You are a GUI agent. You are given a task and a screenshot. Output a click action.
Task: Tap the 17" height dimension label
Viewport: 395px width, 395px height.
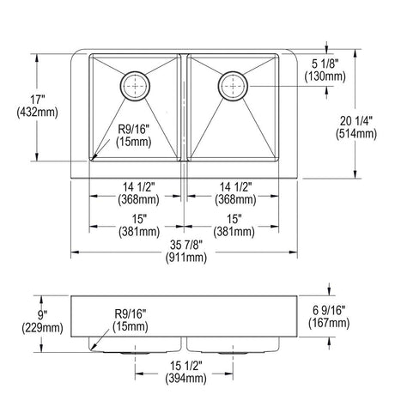[38, 100]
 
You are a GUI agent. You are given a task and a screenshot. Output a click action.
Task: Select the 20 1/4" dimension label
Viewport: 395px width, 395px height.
[356, 121]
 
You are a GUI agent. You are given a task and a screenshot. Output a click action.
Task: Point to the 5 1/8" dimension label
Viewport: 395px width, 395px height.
[325, 64]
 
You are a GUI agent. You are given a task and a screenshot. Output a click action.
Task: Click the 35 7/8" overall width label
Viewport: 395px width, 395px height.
[186, 245]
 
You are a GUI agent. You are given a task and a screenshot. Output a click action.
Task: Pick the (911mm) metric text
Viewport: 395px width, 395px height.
[186, 258]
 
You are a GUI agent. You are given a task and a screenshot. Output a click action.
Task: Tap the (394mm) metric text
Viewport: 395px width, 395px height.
[185, 379]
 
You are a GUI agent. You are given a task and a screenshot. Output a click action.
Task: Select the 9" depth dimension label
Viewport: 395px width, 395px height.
[42, 315]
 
